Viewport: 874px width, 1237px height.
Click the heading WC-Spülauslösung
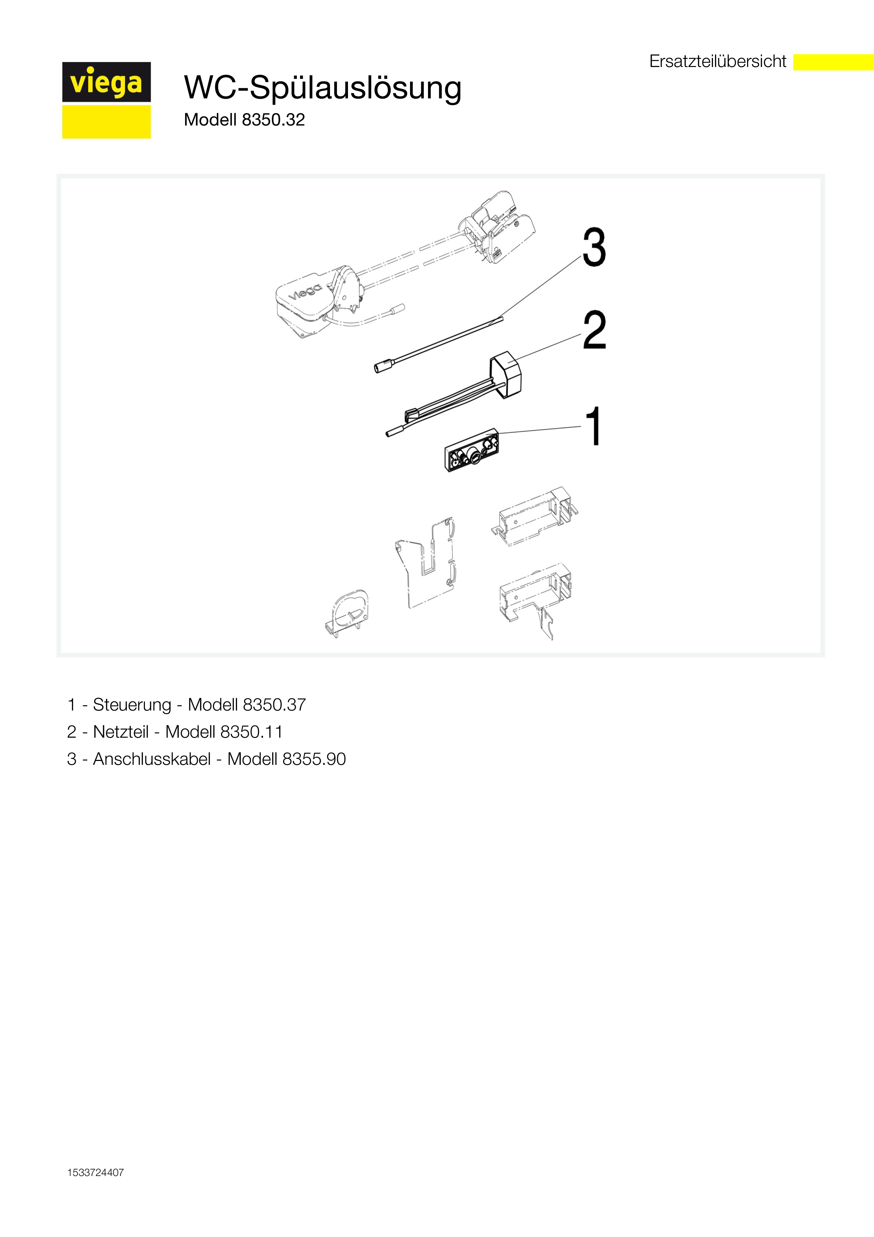tap(323, 87)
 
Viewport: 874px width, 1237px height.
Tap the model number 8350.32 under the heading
tap(274, 120)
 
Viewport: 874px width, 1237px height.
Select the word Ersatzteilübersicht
tap(718, 61)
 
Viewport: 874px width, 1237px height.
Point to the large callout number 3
tap(594, 247)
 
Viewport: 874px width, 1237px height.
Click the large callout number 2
tap(594, 329)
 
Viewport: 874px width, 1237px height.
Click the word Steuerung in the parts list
tap(132, 705)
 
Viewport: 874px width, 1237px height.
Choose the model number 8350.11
tap(251, 732)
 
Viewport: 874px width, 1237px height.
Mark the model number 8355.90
tap(314, 758)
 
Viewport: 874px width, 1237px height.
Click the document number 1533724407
tap(95, 1172)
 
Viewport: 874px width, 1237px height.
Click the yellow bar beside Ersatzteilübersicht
tap(833, 62)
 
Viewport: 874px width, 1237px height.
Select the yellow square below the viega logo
tap(106, 122)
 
